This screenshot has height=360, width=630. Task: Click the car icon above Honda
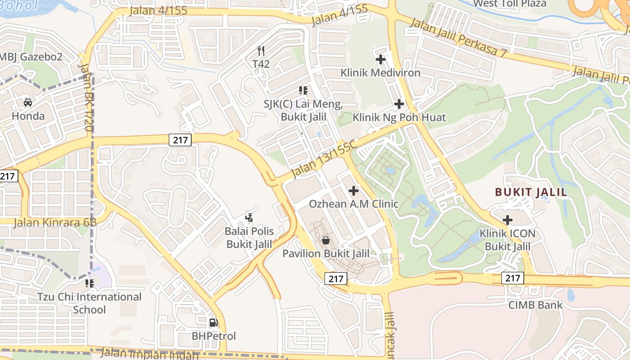(28, 103)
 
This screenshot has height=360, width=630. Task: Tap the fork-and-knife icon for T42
(261, 50)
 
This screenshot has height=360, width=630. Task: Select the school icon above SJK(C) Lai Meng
(303, 90)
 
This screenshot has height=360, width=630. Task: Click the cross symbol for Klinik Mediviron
(381, 59)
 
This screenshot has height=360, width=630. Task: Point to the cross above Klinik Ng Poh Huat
(399, 104)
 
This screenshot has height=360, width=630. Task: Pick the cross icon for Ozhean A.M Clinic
(354, 190)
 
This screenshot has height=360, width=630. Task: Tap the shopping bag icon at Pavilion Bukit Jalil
(326, 240)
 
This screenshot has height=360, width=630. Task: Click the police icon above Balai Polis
(249, 218)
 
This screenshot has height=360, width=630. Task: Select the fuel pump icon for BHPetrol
(213, 322)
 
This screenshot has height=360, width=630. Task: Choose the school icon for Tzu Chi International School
(89, 283)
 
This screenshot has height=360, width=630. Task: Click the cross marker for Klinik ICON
(508, 220)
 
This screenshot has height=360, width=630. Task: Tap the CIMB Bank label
(535, 305)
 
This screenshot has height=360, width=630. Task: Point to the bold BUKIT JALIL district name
(531, 192)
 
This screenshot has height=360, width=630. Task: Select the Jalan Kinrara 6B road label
(55, 222)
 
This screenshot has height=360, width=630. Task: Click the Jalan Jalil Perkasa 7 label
(459, 38)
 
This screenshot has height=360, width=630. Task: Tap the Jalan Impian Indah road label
(149, 354)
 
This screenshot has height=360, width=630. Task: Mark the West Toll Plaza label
(509, 4)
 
